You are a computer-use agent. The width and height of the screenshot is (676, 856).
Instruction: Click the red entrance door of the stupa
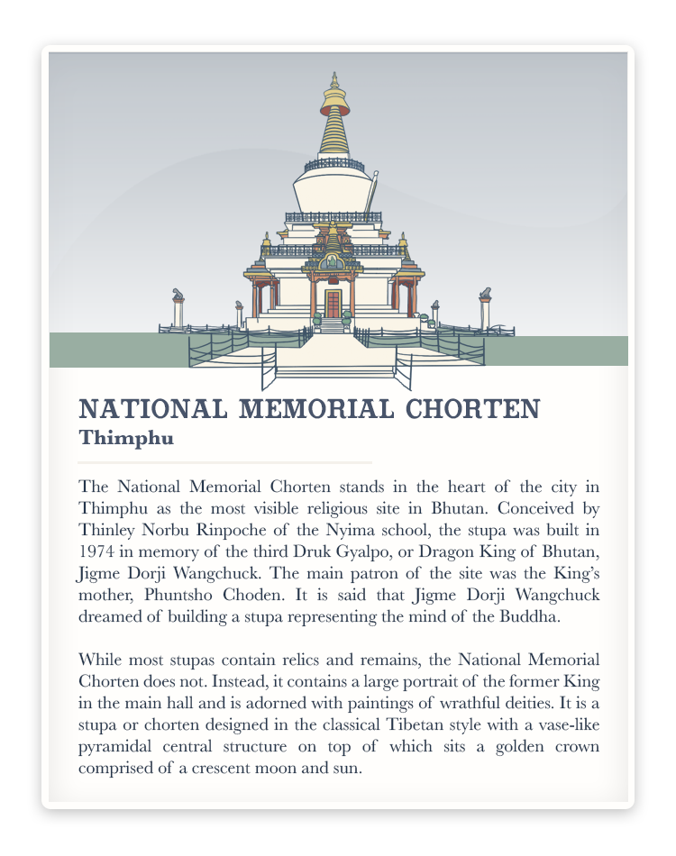(333, 304)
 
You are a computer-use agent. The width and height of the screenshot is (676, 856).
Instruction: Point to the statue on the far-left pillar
(178, 295)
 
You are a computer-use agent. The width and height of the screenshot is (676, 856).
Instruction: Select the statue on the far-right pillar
(486, 294)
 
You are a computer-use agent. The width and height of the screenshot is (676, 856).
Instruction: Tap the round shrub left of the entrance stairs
(317, 318)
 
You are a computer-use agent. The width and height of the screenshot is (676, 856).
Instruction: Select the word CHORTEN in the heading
(472, 410)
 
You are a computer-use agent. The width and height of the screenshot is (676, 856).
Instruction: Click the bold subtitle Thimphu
(125, 439)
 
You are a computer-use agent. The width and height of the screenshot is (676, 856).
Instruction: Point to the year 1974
(96, 551)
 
